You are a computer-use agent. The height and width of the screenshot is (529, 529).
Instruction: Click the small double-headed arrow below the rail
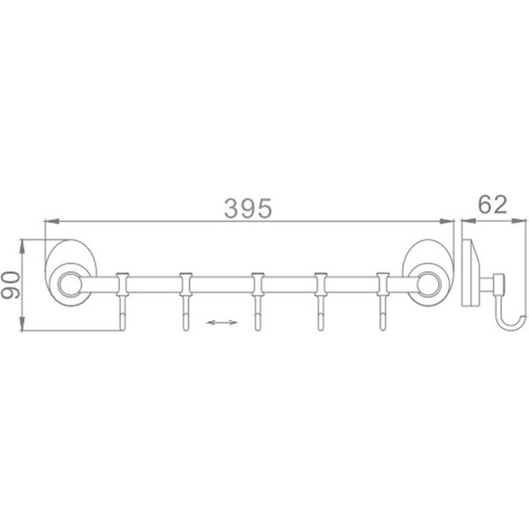pos(219,322)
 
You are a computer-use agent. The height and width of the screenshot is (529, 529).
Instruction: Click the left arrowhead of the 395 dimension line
pos(52,221)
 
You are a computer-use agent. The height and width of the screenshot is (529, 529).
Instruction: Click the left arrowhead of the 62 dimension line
pos(468,221)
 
